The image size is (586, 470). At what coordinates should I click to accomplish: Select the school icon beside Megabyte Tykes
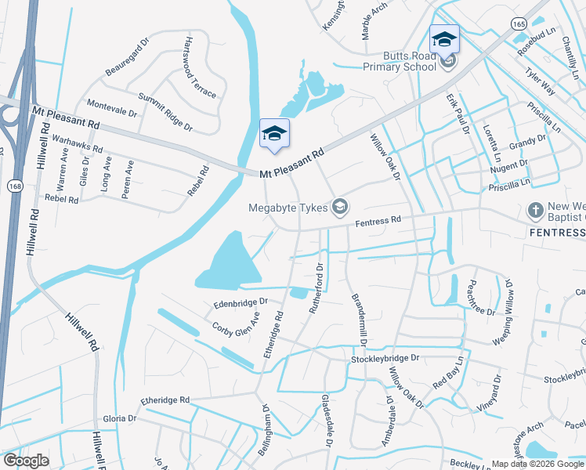[340, 207]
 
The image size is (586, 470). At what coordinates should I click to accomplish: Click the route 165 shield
[517, 25]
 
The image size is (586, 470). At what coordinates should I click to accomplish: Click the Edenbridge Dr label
[241, 302]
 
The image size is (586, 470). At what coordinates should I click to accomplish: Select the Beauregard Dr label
[127, 60]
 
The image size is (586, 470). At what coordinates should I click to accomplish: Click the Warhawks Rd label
[78, 143]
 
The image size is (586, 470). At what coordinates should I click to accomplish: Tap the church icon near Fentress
[535, 210]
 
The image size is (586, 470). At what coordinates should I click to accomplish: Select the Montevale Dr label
[111, 108]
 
